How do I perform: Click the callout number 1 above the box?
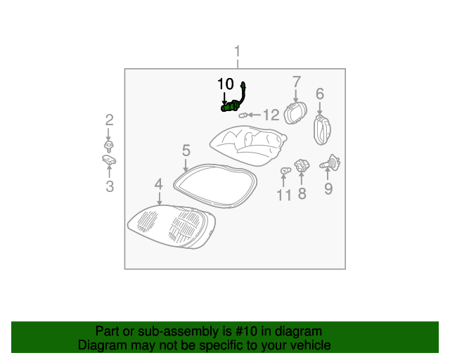[238, 51]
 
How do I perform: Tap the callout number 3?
[110, 186]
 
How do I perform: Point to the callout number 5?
[186, 150]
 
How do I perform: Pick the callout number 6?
[320, 94]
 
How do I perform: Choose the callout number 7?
[296, 82]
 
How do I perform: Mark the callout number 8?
[302, 194]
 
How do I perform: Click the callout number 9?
[328, 188]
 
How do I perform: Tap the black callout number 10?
[225, 84]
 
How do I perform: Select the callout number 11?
[283, 195]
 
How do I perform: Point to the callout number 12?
[271, 115]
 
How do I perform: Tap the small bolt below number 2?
[109, 146]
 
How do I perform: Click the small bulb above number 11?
[284, 171]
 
